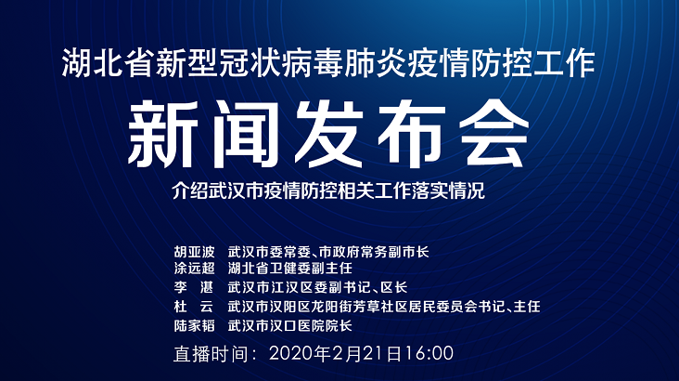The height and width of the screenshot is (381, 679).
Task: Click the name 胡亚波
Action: (194, 251)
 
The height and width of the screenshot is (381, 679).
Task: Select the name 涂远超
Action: (194, 269)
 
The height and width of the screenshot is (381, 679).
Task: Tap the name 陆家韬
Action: (194, 325)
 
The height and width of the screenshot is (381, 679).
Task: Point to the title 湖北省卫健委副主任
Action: (290, 269)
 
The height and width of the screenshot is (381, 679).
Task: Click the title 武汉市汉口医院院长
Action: (290, 325)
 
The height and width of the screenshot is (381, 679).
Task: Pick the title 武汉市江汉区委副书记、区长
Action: (318, 287)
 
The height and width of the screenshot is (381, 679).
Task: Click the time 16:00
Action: (429, 354)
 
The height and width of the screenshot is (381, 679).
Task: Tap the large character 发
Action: (329, 134)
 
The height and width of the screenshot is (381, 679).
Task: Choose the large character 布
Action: (411, 134)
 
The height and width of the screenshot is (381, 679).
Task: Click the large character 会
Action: (494, 134)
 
